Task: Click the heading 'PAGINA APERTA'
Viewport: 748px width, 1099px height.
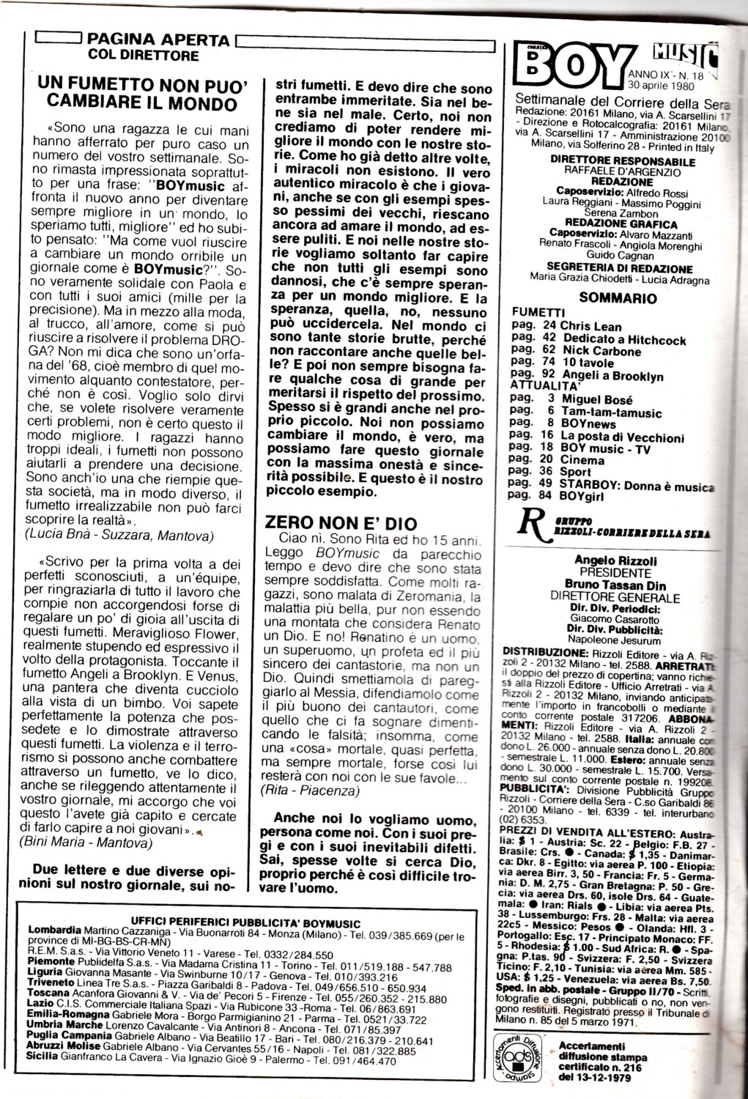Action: tap(158, 40)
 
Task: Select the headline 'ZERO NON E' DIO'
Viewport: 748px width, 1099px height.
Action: tap(341, 522)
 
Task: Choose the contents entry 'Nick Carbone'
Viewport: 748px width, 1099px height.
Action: tap(601, 351)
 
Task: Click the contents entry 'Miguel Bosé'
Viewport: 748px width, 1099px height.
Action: tap(596, 400)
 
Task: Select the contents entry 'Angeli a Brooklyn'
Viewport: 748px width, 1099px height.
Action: tap(612, 376)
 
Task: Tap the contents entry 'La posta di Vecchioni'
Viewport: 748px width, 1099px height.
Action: tap(622, 437)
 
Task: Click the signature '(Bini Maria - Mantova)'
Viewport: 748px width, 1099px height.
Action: tap(86, 843)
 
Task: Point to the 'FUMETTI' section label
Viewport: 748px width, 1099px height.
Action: tap(538, 312)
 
